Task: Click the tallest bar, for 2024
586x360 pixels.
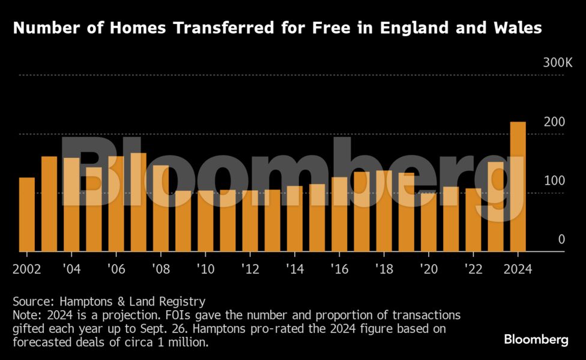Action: [518, 187]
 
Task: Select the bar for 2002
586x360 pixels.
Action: [27, 214]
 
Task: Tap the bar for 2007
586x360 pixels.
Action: [139, 202]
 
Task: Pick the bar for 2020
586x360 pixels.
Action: [429, 222]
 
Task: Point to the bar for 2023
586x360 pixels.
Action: [495, 206]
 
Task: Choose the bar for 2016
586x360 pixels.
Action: [339, 214]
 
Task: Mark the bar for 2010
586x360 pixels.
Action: [205, 221]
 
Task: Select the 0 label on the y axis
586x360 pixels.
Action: [561, 239]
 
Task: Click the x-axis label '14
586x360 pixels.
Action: [294, 269]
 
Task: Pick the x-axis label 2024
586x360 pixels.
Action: [518, 269]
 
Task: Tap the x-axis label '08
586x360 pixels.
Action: [160, 269]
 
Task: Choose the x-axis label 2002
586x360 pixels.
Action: [27, 269]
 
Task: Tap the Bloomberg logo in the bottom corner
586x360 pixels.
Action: [536, 340]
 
